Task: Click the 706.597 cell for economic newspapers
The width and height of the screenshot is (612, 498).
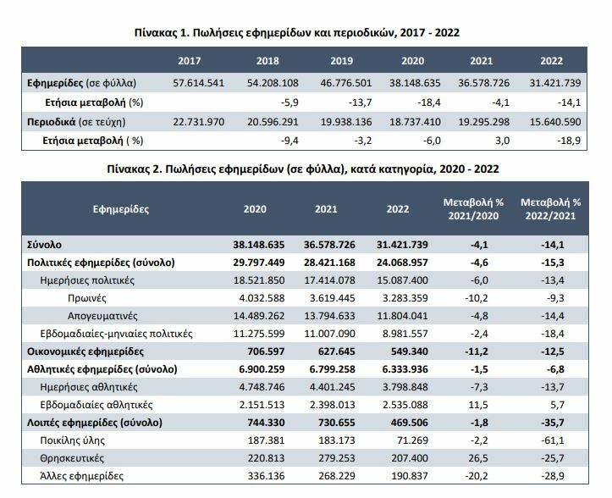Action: pos(260,350)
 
